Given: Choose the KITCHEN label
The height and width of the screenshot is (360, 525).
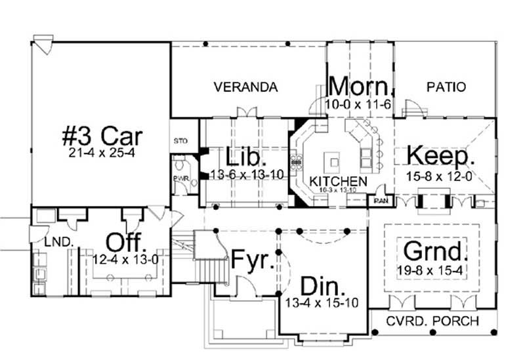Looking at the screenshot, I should [338, 180].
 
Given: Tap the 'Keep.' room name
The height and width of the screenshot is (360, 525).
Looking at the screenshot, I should [440, 155].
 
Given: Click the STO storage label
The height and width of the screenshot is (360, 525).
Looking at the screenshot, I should [180, 140].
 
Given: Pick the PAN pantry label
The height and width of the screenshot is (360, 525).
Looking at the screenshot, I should [381, 201].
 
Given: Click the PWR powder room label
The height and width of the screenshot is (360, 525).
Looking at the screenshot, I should [177, 177].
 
